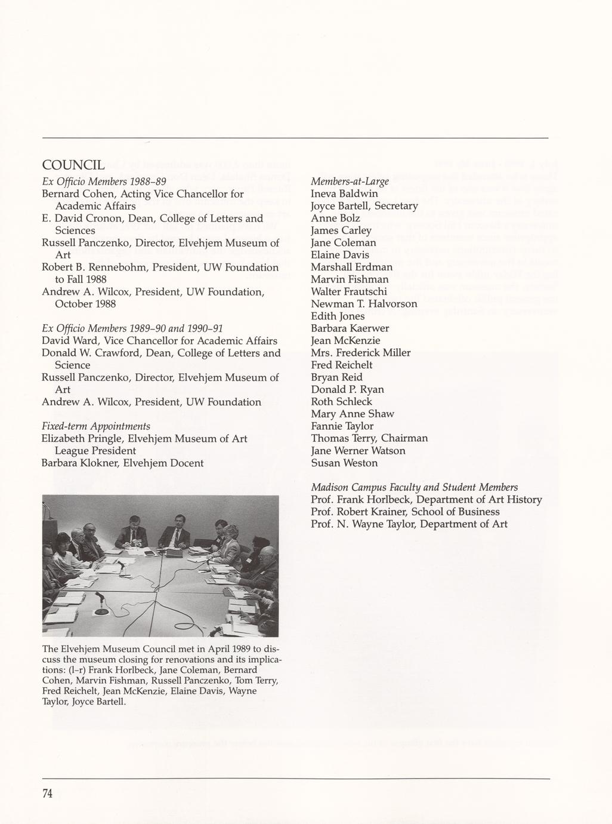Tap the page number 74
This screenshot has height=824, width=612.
click(48, 794)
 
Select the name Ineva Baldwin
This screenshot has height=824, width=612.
click(344, 193)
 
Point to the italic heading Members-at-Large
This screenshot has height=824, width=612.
click(350, 181)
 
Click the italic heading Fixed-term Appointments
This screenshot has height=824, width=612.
click(95, 426)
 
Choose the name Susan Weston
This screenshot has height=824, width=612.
click(344, 463)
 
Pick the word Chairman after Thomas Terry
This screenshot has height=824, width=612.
click(404, 438)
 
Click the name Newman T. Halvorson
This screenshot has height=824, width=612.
click(364, 304)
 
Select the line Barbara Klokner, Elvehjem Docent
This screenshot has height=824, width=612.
click(122, 463)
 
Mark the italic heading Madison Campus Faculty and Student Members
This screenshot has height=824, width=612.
click(414, 487)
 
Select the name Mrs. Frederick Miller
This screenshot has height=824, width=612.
click(360, 353)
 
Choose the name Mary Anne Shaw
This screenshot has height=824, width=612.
click(352, 414)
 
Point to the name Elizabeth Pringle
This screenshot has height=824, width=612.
click(76, 439)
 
